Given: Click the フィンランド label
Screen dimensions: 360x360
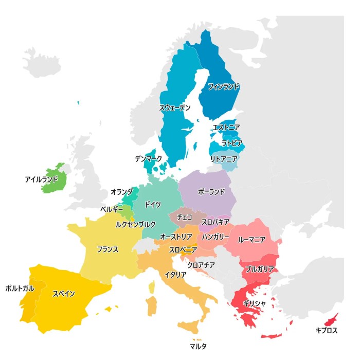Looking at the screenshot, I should [223, 87].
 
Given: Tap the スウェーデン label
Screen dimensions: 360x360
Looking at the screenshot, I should [175, 108].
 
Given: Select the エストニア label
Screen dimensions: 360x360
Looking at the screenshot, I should [226, 127].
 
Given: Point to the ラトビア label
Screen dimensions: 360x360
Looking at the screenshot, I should [232, 143].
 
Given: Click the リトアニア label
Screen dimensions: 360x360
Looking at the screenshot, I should [224, 159].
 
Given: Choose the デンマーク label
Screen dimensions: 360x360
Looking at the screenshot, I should [149, 159].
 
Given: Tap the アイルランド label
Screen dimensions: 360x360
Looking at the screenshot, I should [41, 179].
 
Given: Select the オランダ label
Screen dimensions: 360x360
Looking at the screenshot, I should [121, 192].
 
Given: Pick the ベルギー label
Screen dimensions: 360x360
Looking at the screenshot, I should [112, 210].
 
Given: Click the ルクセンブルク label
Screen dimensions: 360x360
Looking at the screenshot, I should [135, 225].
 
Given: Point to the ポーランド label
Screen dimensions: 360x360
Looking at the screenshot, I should [211, 192].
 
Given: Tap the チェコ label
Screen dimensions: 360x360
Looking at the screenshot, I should [185, 217].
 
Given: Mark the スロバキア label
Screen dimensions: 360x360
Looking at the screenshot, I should [215, 222].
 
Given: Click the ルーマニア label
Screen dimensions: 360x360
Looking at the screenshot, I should [252, 240].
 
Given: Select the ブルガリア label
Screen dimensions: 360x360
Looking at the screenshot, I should [260, 268].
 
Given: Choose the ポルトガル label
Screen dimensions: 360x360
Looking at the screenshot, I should [20, 289].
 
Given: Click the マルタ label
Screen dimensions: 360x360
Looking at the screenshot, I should [198, 347].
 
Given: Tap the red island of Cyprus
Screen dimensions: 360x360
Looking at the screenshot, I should [331, 319].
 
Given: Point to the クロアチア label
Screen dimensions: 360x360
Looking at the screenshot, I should [202, 265].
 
